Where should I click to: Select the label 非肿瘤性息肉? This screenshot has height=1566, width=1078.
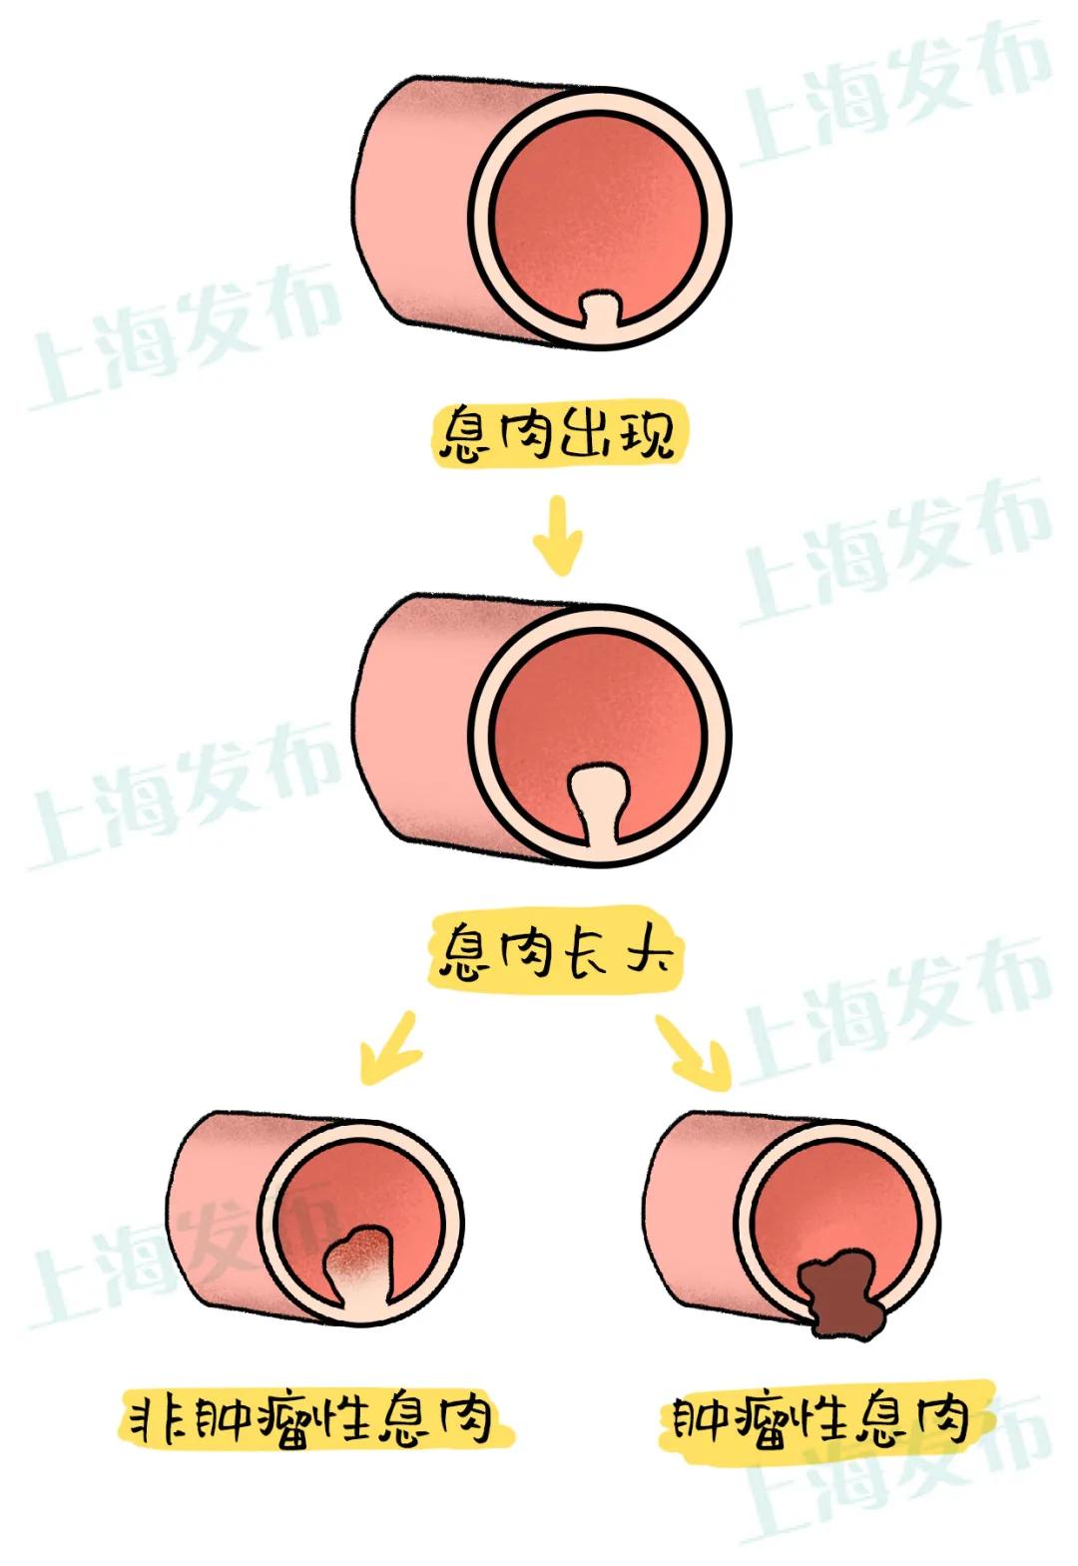pos(312,1416)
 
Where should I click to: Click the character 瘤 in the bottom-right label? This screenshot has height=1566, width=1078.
pos(756,1417)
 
